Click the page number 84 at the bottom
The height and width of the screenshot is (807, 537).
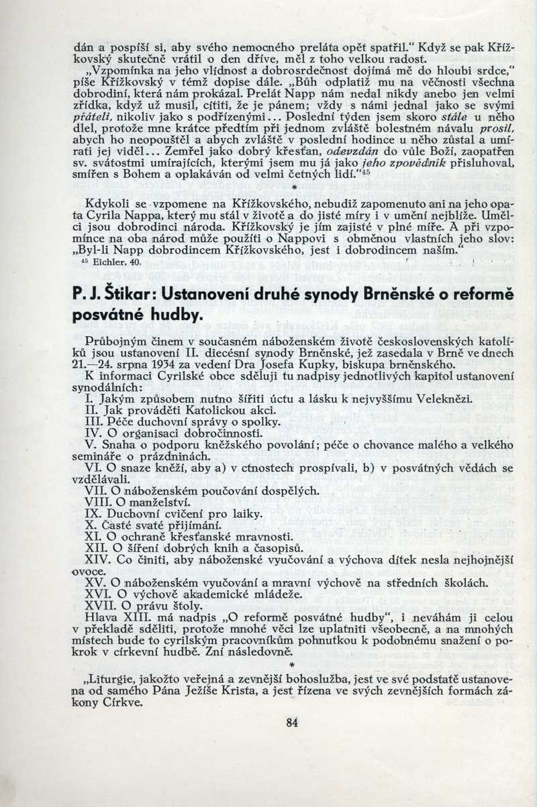pyautogui.click(x=291, y=722)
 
